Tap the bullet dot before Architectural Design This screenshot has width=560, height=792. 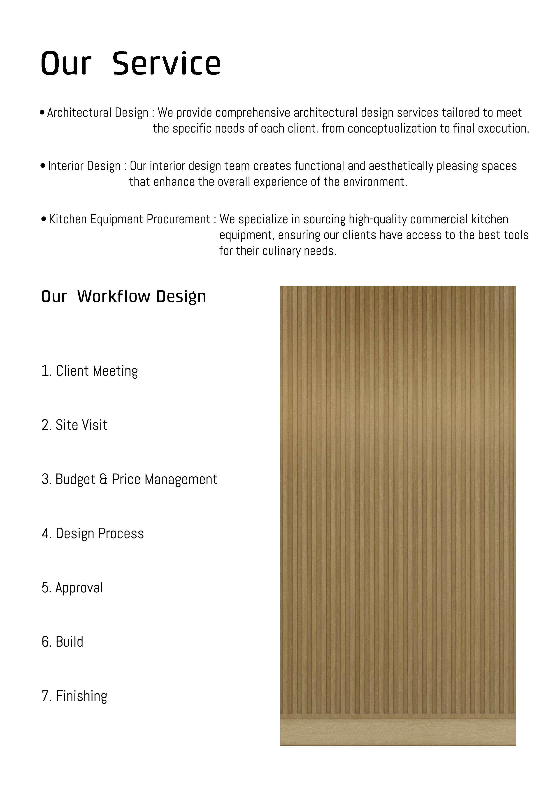(x=42, y=112)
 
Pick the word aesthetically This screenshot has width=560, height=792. (x=401, y=166)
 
